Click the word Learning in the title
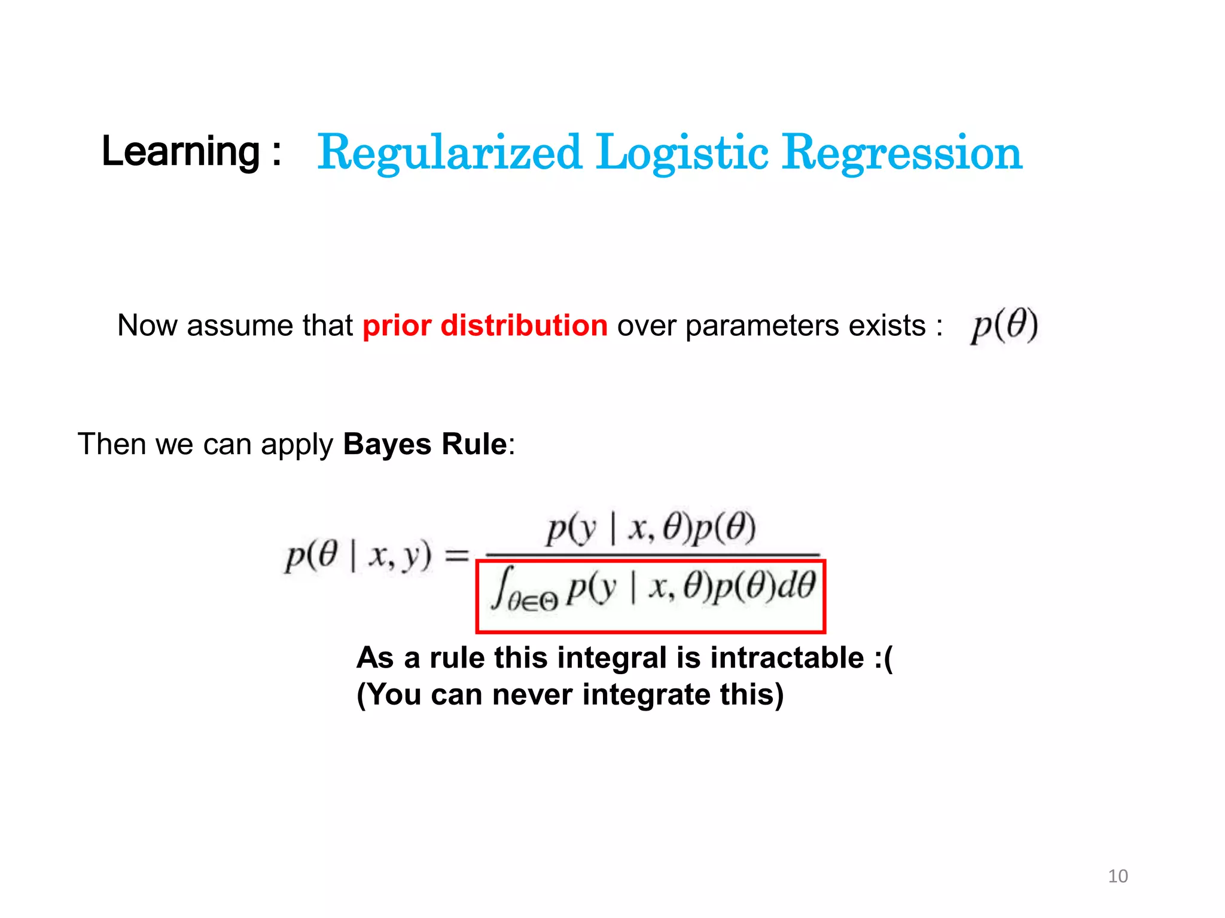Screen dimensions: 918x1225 pos(181,151)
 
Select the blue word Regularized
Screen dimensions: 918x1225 pos(449,152)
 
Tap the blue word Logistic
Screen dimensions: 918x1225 pos(682,152)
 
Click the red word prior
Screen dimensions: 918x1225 pos(397,326)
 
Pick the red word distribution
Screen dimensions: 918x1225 pos(524,326)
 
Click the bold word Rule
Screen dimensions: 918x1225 pos(474,445)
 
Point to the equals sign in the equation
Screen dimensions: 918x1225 pos(458,556)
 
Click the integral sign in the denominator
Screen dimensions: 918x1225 pos(501,589)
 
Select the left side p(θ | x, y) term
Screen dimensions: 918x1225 pos(358,556)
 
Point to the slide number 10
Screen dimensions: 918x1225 pos(1117,876)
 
